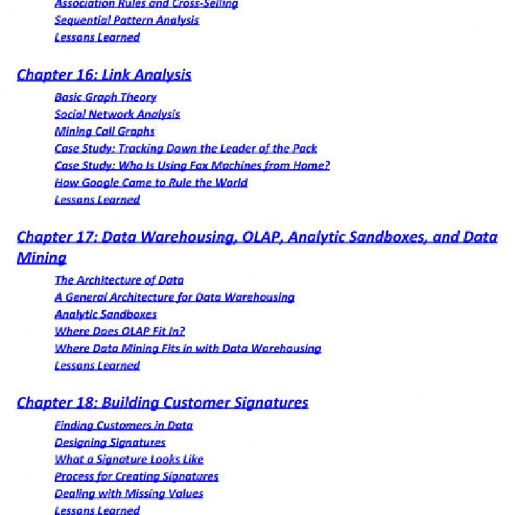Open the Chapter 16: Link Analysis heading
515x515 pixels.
click(x=104, y=75)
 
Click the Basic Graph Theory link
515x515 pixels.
click(x=106, y=97)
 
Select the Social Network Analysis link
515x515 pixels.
click(x=117, y=115)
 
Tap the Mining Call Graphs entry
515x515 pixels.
click(x=105, y=131)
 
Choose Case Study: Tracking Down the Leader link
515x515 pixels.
click(x=186, y=149)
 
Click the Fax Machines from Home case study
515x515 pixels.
click(x=192, y=165)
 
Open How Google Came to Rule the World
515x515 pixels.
click(x=151, y=183)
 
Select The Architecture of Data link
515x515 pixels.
click(x=119, y=280)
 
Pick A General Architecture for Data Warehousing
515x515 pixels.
click(x=174, y=297)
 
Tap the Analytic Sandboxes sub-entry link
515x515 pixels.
click(x=106, y=315)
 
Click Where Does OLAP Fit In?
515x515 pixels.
click(x=120, y=332)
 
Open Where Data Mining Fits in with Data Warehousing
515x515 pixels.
click(x=188, y=349)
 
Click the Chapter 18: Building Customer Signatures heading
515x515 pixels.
click(x=162, y=403)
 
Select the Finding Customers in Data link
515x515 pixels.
click(x=124, y=426)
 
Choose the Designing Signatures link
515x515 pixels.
click(x=110, y=443)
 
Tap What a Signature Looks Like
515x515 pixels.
click(x=129, y=460)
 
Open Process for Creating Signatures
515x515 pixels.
click(x=136, y=477)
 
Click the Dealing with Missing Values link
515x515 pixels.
click(x=129, y=494)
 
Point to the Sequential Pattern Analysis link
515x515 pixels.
click(x=127, y=21)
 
